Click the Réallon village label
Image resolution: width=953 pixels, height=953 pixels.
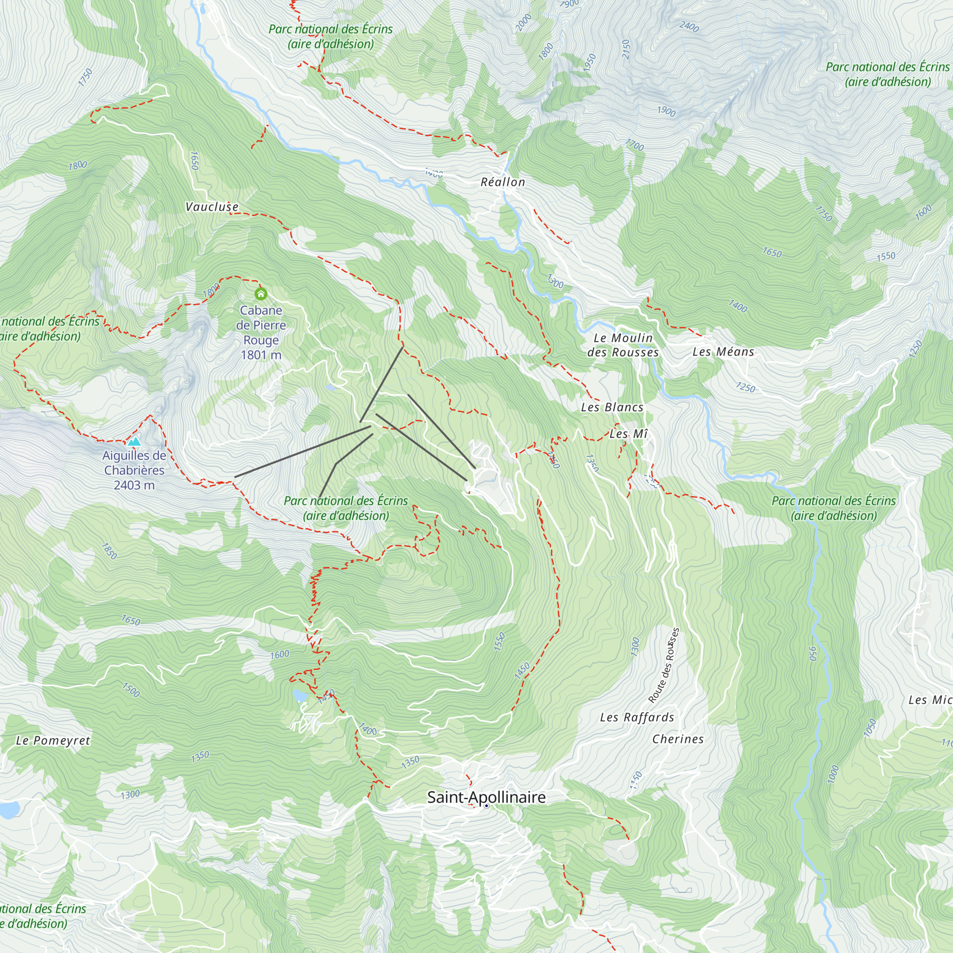pyautogui.click(x=503, y=182)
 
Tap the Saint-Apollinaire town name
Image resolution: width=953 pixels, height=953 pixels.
pyautogui.click(x=486, y=797)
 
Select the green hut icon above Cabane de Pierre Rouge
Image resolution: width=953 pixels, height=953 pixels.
pyautogui.click(x=261, y=294)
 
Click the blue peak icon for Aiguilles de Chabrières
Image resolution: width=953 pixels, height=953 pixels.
pyautogui.click(x=134, y=440)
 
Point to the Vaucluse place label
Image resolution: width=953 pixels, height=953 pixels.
pyautogui.click(x=212, y=207)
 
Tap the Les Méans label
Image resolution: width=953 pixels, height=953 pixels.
pyautogui.click(x=723, y=352)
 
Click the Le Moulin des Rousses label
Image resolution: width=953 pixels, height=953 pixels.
pyautogui.click(x=623, y=345)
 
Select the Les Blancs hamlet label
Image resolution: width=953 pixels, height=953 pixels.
pyautogui.click(x=612, y=407)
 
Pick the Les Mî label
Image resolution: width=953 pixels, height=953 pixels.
pyautogui.click(x=629, y=434)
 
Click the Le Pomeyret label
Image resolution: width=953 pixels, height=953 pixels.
pyautogui.click(x=53, y=740)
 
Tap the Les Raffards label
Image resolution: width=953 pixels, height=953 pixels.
pyautogui.click(x=637, y=717)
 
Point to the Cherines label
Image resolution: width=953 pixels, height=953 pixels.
pyautogui.click(x=678, y=739)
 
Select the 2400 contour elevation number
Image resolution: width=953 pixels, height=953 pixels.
pyautogui.click(x=689, y=26)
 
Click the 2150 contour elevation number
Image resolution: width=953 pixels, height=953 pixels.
pyautogui.click(x=626, y=50)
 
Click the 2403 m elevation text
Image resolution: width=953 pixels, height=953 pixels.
pyautogui.click(x=134, y=486)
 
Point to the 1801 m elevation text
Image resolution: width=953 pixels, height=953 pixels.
pyautogui.click(x=261, y=355)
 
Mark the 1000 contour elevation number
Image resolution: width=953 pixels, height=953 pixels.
pyautogui.click(x=832, y=773)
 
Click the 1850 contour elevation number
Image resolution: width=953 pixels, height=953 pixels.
pyautogui.click(x=109, y=551)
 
